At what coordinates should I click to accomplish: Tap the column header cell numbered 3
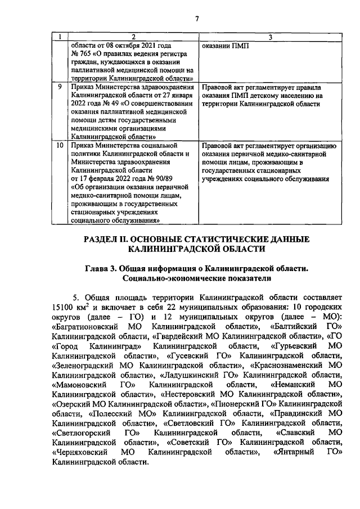pyautogui.click(x=270, y=37)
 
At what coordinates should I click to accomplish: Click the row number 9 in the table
pyautogui.click(x=60, y=88)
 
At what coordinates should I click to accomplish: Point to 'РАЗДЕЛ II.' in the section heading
pyautogui.click(x=108, y=239)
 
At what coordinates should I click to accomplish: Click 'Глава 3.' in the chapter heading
pyautogui.click(x=101, y=268)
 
